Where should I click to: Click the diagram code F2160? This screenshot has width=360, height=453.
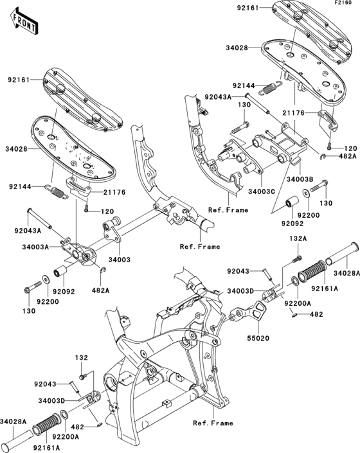343,3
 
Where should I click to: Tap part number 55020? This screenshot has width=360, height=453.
258,338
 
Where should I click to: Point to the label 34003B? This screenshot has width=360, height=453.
300,179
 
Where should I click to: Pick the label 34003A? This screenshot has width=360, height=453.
35,247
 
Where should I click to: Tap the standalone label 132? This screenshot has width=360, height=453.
82,358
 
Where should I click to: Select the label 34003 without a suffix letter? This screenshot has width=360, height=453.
120,260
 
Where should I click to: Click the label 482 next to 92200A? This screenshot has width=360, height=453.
78,427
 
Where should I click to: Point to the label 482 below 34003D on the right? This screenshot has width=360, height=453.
316,314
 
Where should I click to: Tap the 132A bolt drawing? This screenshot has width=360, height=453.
296,258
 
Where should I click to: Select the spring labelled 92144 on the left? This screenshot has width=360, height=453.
58,192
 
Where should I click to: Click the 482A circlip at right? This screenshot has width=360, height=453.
323,157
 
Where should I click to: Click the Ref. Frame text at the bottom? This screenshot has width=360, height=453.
213,423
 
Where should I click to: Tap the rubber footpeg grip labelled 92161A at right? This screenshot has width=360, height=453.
311,272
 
